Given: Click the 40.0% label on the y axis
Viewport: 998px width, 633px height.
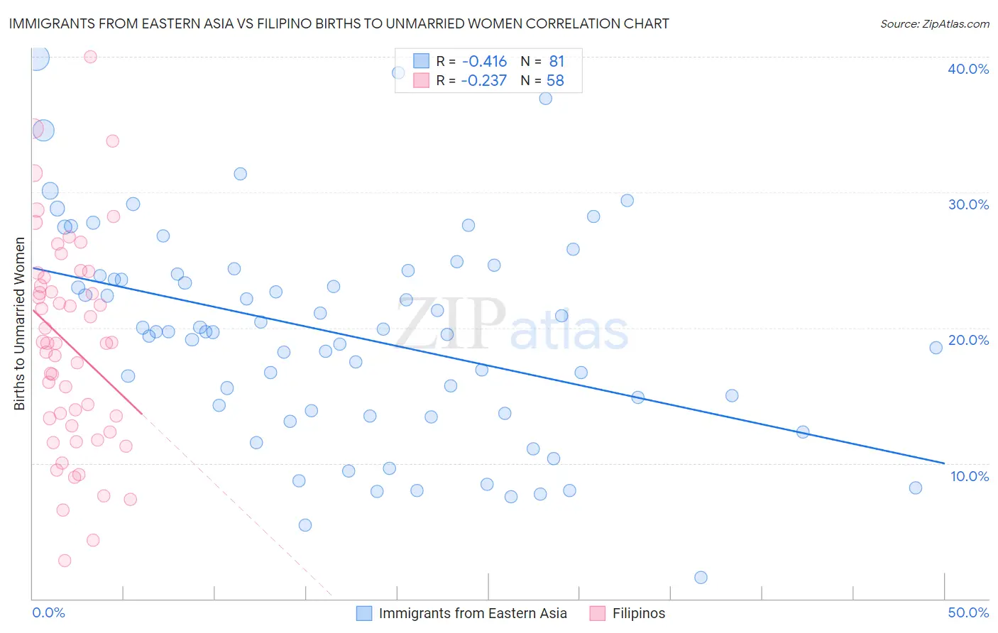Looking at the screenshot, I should [968, 69].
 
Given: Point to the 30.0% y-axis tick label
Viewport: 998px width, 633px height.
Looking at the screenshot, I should [968, 204].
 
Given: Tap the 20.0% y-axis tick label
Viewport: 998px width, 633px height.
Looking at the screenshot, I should [968, 340].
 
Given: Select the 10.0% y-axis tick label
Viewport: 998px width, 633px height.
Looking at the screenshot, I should [970, 476].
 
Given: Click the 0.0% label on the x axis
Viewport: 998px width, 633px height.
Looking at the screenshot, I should [48, 612].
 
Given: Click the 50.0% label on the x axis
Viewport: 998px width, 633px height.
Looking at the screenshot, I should [968, 612].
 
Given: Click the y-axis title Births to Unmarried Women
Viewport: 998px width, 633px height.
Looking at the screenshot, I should [20, 324].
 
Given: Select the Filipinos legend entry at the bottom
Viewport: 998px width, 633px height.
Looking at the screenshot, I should [638, 613].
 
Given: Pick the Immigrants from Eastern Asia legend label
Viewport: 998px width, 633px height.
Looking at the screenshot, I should [472, 613].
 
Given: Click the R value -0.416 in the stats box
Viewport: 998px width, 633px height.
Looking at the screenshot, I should [484, 61].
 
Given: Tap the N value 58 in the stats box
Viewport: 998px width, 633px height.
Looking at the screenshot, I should [555, 80].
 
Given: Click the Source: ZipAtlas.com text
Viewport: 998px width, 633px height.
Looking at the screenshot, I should [934, 23].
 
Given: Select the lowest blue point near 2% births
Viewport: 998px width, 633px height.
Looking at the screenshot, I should [701, 578].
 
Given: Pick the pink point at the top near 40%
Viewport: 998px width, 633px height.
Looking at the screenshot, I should [90, 57].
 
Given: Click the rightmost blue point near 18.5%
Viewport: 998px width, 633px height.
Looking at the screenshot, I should [936, 348].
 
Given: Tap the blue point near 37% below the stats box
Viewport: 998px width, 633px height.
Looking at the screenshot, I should [545, 99].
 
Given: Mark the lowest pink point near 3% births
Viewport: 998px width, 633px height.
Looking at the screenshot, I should [65, 561].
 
